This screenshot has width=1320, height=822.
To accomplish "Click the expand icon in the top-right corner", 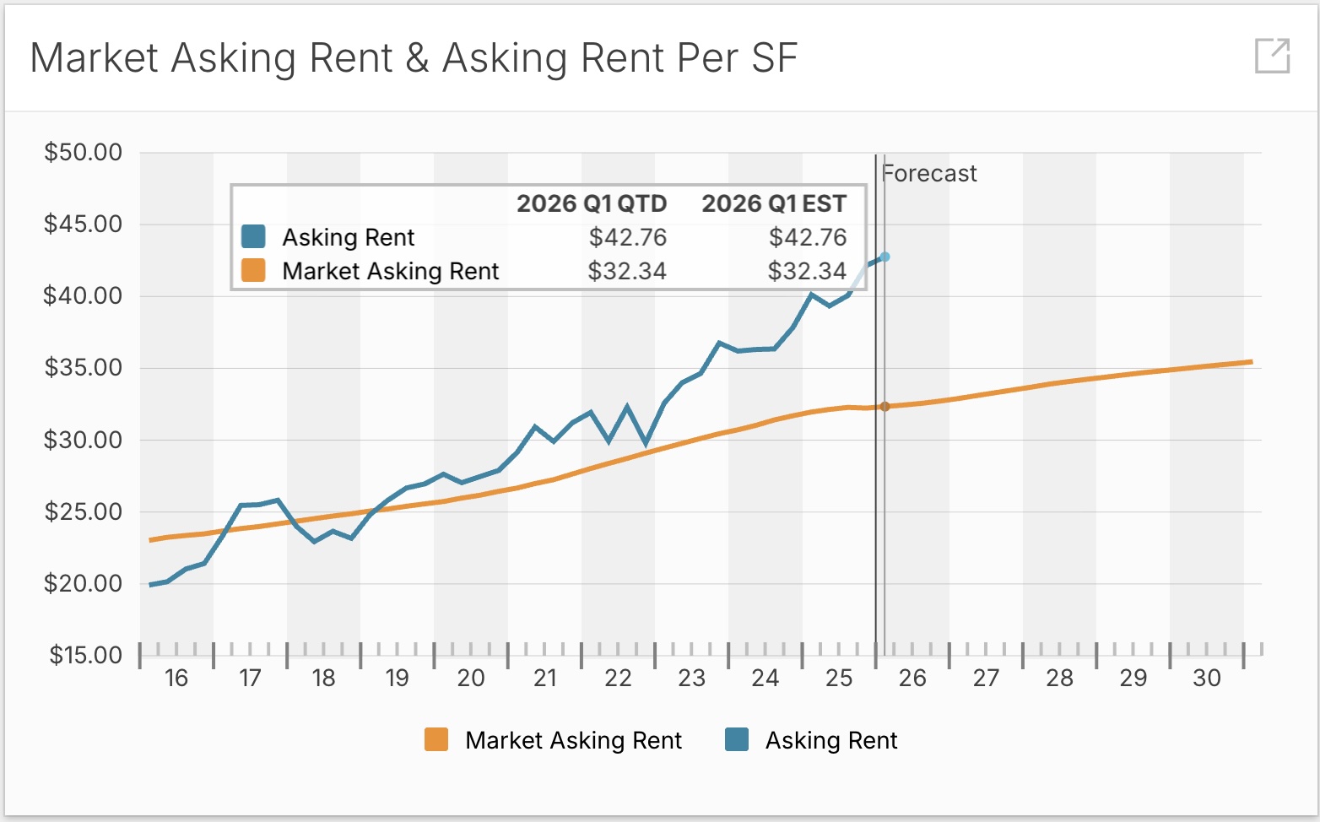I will [1272, 56].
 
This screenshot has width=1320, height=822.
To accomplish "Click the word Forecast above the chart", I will [929, 174].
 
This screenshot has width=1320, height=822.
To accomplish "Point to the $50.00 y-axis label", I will [84, 153].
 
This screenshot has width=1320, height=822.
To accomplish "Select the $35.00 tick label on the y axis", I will [84, 368].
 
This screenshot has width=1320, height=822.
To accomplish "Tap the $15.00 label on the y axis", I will [85, 656].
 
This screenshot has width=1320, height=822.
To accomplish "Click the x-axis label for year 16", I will [176, 679].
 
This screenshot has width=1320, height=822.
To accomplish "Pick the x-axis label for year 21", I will [545, 679].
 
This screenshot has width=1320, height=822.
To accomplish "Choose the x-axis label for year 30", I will [1207, 679].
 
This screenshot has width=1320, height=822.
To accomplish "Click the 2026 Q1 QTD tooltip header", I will [592, 204].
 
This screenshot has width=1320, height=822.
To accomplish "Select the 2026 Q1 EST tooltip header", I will [774, 204].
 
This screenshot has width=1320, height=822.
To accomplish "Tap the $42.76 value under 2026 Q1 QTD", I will [628, 238].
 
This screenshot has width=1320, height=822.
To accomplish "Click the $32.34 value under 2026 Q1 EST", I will [807, 272].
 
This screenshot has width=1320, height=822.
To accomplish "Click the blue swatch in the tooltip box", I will [253, 237].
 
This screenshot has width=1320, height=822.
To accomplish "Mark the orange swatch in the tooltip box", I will [253, 271].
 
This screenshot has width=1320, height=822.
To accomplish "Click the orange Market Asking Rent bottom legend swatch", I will [436, 740].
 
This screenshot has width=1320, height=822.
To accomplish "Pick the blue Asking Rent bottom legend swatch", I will [737, 740].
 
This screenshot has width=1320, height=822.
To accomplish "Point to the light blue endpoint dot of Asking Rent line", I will [885, 257].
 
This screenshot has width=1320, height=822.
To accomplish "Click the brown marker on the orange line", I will [885, 407].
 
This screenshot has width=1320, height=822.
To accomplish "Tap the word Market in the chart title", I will [95, 59].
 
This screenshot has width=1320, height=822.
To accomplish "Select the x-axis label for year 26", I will [912, 679].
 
